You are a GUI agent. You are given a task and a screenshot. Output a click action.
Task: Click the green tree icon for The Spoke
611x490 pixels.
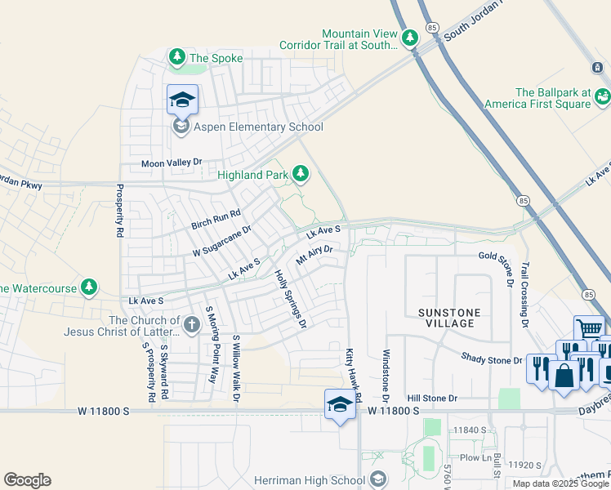(176, 57)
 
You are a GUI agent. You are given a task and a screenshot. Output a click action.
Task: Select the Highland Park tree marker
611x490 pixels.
(301, 173)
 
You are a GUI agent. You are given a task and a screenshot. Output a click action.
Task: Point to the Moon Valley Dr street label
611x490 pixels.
(171, 163)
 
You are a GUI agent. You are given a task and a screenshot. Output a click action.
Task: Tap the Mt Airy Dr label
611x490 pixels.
(314, 256)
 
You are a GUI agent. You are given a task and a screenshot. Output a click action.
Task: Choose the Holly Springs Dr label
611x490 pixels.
(290, 299)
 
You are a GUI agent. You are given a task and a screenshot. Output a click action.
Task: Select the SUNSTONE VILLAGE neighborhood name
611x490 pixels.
(457, 318)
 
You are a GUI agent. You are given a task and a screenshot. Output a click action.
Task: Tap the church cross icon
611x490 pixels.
(191, 325)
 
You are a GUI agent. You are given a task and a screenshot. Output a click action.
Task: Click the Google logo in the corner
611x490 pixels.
(27, 480)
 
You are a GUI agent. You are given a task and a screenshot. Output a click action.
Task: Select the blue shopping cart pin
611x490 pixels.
(588, 329)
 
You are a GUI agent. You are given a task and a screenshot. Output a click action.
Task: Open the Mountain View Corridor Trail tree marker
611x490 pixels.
(409, 37)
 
